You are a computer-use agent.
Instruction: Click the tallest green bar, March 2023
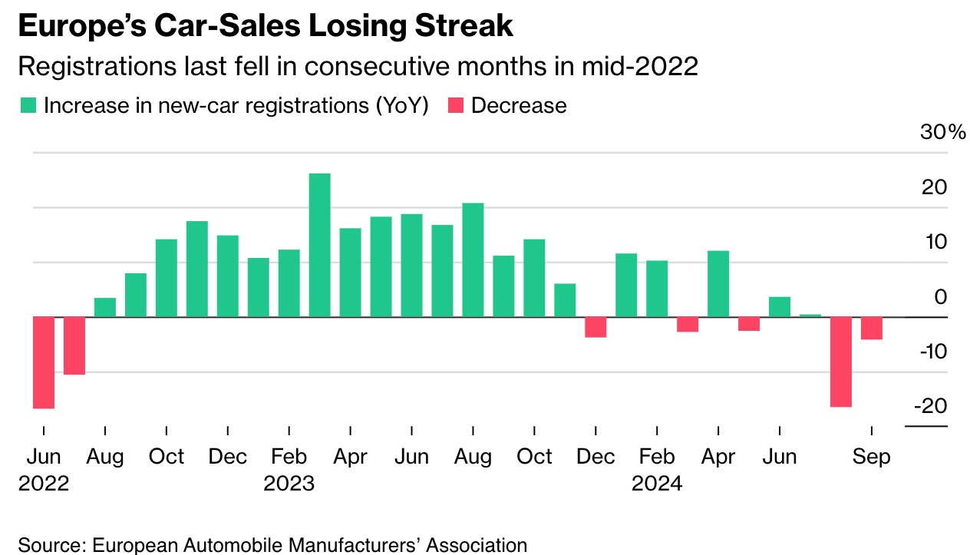[319, 245]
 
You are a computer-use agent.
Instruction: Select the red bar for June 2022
[44, 362]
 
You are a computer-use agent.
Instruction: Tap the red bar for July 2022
[74, 345]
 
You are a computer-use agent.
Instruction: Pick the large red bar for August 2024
[841, 362]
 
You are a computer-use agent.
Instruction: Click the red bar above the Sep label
[872, 328]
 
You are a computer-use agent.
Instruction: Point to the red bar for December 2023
[596, 327]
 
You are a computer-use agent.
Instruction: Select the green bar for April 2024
[718, 283]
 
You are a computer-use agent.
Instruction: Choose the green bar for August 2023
[473, 259]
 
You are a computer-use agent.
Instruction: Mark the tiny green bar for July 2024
[810, 315]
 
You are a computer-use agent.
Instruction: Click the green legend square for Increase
[28, 106]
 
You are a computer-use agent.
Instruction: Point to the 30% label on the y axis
[942, 132]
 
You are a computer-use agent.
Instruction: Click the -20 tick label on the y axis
[929, 405]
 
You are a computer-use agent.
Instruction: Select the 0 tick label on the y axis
[939, 296]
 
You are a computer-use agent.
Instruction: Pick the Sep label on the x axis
[872, 457]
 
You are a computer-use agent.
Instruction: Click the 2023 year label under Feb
[289, 484]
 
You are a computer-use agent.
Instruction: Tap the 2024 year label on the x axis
[657, 484]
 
